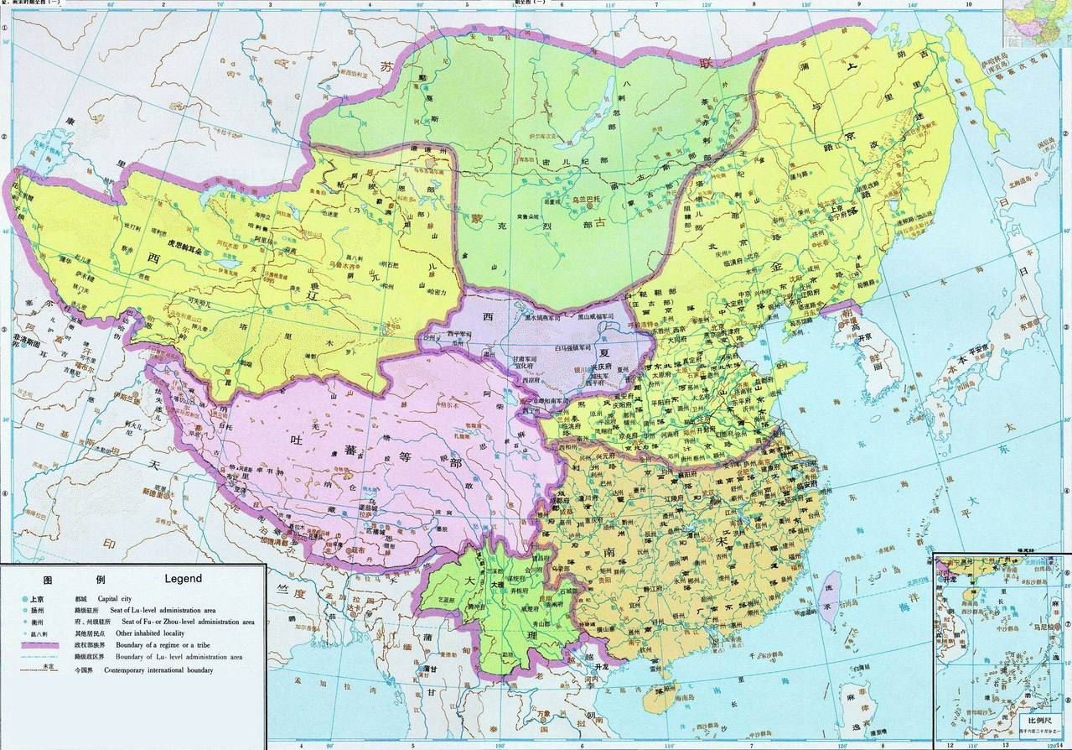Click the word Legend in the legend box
(x=183, y=579)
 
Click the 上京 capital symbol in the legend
(x=33, y=598)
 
